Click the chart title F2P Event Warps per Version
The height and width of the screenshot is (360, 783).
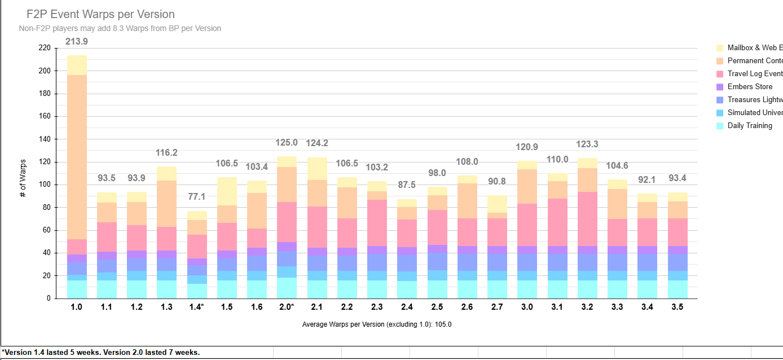pos(100,15)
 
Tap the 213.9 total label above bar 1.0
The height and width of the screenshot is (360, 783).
pos(77,42)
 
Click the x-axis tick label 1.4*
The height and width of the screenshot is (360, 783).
pos(197,307)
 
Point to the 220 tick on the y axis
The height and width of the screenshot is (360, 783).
pos(44,49)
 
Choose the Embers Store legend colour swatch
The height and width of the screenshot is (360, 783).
pos(720,87)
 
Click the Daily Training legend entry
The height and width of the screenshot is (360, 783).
pos(749,126)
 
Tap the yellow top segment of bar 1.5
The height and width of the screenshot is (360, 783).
pos(227,191)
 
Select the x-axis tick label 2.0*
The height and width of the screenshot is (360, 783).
pos(287,307)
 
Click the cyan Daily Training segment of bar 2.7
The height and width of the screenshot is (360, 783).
pos(497,289)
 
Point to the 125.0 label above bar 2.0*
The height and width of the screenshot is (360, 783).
pos(287,143)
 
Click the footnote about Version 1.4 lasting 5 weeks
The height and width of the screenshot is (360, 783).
pos(100,352)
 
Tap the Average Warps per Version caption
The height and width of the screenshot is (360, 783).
pos(377,324)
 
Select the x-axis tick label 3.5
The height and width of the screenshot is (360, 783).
pos(678,307)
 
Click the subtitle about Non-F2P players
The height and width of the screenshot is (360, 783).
pos(120,28)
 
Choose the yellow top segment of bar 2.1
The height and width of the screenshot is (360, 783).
pos(317,169)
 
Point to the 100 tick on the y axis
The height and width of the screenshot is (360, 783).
pos(44,185)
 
